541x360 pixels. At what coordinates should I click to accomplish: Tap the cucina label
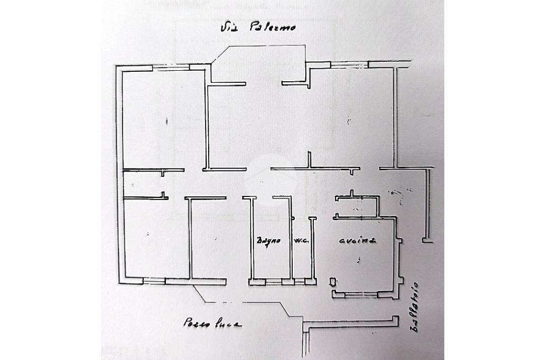click(357, 240)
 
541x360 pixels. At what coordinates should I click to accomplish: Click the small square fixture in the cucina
click(333, 281)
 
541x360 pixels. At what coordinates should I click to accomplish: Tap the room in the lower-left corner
click(154, 238)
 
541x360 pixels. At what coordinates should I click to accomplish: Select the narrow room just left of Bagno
click(208, 238)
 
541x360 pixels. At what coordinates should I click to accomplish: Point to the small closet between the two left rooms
click(142, 184)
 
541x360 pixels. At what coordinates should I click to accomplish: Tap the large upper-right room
click(351, 119)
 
